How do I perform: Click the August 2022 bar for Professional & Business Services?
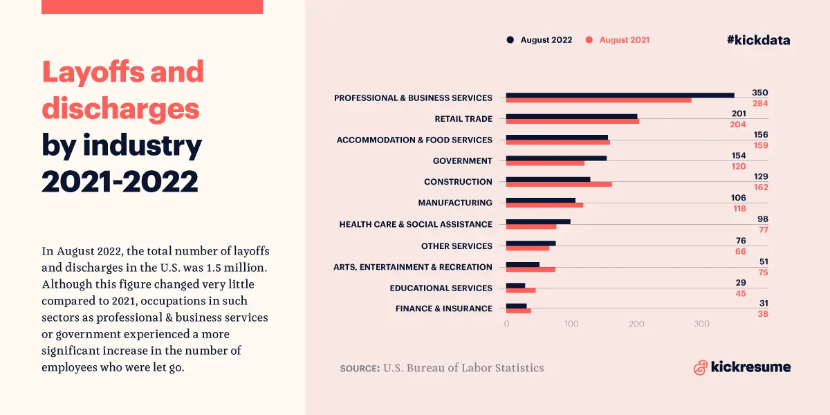click(x=620, y=95)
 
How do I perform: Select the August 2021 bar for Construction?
click(x=559, y=184)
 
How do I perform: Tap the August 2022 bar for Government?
click(x=556, y=158)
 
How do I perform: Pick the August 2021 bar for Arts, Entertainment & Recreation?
click(x=531, y=269)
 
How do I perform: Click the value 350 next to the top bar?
click(x=760, y=93)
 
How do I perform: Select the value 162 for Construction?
click(x=760, y=187)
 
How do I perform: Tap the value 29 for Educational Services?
click(x=760, y=283)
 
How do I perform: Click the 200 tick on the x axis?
click(x=636, y=324)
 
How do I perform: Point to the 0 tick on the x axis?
click(x=506, y=324)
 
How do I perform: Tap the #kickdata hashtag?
click(x=758, y=40)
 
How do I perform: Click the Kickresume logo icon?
click(x=700, y=367)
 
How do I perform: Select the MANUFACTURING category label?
click(x=455, y=203)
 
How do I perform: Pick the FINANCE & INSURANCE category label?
click(x=444, y=308)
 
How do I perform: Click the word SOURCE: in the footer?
click(x=360, y=368)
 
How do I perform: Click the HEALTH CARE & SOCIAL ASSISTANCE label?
click(x=416, y=224)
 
